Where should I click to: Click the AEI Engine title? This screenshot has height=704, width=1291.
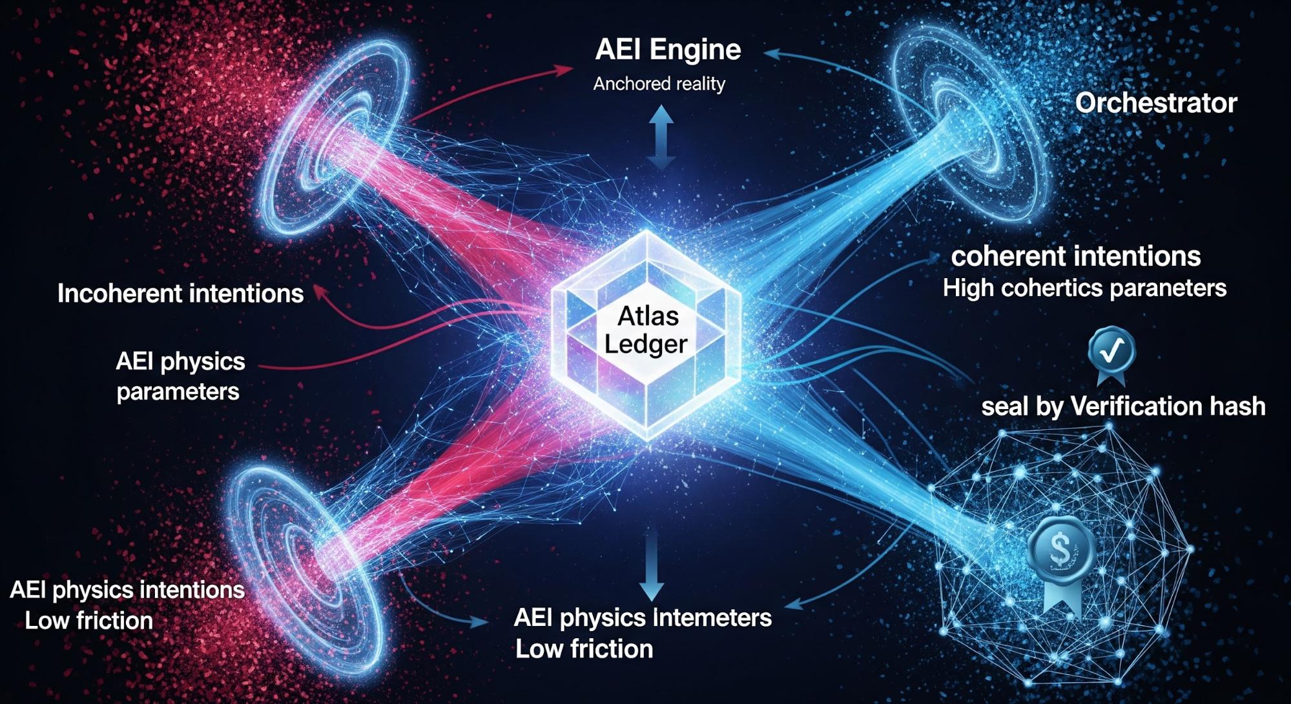(x=668, y=50)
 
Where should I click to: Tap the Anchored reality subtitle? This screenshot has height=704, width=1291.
(x=659, y=84)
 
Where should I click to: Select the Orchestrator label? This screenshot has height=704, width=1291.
(x=1155, y=103)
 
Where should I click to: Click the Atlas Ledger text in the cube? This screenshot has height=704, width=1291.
(x=646, y=330)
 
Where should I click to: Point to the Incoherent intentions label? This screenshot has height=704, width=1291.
(x=180, y=294)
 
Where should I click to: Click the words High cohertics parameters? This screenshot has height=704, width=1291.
(x=1084, y=288)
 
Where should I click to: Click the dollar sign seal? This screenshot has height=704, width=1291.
(x=1060, y=549)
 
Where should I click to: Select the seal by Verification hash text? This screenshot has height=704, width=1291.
(x=1122, y=407)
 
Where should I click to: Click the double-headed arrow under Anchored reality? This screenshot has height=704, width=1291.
(x=661, y=137)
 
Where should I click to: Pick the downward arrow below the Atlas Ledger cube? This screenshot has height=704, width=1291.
(x=651, y=568)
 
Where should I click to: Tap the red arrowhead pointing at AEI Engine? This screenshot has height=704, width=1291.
(x=564, y=69)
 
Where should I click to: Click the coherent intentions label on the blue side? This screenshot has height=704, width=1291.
(x=1075, y=257)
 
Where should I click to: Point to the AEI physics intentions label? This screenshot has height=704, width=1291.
(x=127, y=590)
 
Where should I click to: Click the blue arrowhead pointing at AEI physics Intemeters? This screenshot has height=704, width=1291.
(x=479, y=621)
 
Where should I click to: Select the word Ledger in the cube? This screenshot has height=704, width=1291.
(x=646, y=344)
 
